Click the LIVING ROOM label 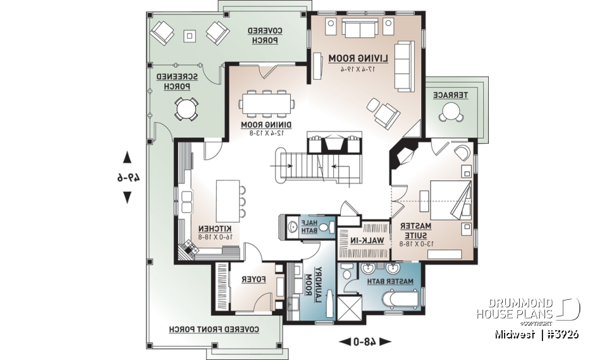click(x=358, y=58)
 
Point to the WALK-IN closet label click(x=365, y=240)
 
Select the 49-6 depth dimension click(x=127, y=178)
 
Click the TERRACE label click(x=450, y=95)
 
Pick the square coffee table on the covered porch click(x=189, y=35)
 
